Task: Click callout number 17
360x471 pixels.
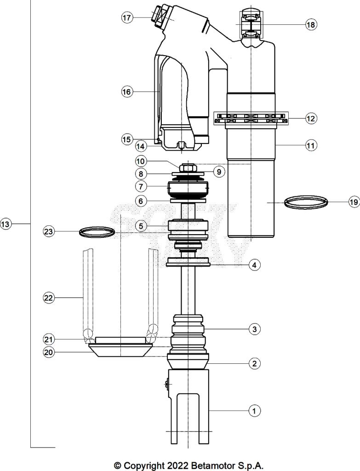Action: [x=127, y=18]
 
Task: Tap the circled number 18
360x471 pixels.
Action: [x=311, y=25]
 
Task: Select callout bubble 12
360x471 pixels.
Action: [x=311, y=118]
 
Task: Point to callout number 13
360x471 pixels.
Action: [x=6, y=224]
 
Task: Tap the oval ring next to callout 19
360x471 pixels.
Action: [x=306, y=202]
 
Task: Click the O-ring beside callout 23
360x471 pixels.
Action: [x=97, y=232]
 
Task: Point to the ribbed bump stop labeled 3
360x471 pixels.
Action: [x=189, y=329]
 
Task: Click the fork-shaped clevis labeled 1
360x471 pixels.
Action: [x=189, y=405]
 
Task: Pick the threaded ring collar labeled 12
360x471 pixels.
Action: [x=251, y=118]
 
